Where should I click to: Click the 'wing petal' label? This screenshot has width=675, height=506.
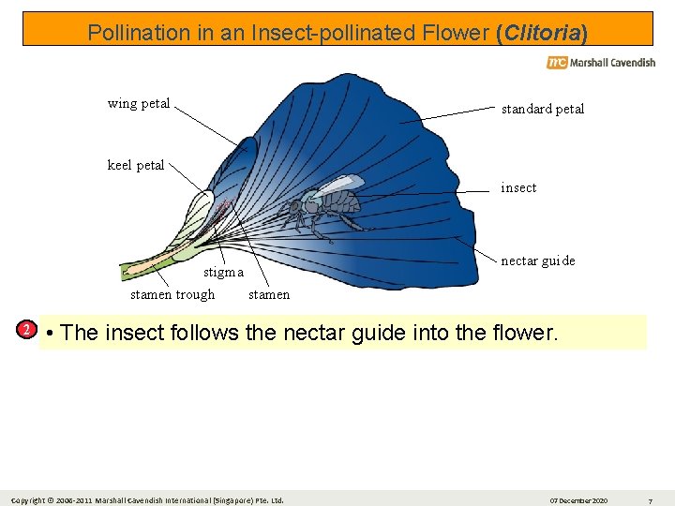(139, 103)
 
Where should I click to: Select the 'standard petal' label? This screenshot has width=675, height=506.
(542, 109)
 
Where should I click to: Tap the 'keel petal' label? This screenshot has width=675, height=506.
(136, 165)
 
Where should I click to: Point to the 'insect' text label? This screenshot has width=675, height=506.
(518, 187)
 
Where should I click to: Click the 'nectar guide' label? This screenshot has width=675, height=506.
(538, 260)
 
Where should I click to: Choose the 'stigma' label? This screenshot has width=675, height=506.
(223, 274)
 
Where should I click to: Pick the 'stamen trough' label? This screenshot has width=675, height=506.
(172, 294)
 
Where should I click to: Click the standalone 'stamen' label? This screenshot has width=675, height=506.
(269, 294)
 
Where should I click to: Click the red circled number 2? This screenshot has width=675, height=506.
(28, 330)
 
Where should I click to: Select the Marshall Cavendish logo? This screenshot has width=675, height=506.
(601, 63)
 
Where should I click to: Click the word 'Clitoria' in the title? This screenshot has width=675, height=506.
(542, 33)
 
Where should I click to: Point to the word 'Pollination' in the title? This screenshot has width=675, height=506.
(137, 33)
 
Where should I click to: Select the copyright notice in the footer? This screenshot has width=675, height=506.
(149, 499)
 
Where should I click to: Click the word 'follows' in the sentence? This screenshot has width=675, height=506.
(209, 333)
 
